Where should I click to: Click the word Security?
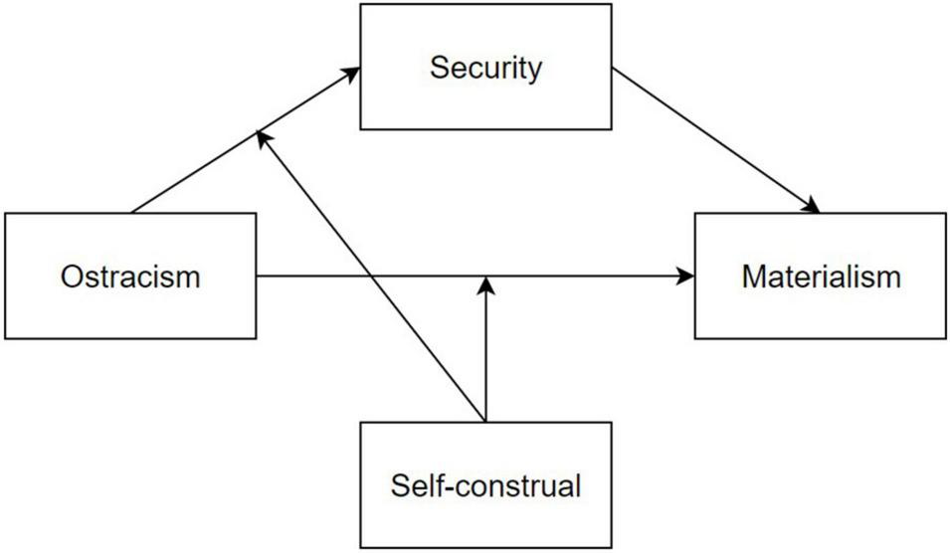(x=485, y=68)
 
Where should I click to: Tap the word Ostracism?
(x=130, y=276)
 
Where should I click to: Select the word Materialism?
(x=821, y=276)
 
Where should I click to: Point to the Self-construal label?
(x=485, y=486)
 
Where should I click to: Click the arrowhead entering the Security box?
(x=352, y=73)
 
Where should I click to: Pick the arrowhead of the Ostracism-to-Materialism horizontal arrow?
(x=685, y=276)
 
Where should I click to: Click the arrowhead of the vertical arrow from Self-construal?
(x=485, y=283)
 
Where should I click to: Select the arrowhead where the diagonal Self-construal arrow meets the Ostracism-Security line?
(x=262, y=138)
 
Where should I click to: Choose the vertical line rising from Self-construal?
(x=485, y=358)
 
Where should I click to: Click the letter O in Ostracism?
(x=71, y=276)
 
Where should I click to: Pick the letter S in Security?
(x=438, y=68)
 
